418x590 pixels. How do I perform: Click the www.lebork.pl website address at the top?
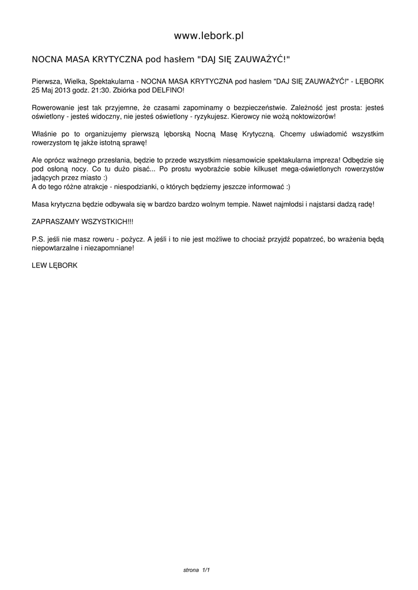[209, 36]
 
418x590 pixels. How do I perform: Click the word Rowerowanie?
[52, 108]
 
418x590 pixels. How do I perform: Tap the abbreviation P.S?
[38, 238]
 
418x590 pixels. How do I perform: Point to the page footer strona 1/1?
[196, 570]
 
